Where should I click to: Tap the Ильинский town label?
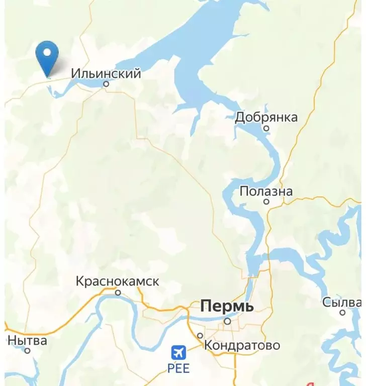[x=106, y=74]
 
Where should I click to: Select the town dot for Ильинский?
[x=106, y=84]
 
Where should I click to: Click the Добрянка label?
[x=266, y=118]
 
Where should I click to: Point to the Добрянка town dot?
[x=266, y=128]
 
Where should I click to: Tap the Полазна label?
[x=266, y=191]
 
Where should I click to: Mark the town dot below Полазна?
[x=266, y=202]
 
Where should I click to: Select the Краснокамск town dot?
[x=118, y=292]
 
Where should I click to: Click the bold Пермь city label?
[x=227, y=306]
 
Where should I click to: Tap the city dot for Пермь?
[x=227, y=321]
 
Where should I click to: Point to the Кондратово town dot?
[x=200, y=336]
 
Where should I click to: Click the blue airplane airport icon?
[x=178, y=351]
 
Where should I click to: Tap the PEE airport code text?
[x=178, y=368]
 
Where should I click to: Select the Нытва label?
[x=27, y=341]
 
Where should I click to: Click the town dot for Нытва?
[x=28, y=351]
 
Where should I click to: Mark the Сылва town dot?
[x=342, y=313]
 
